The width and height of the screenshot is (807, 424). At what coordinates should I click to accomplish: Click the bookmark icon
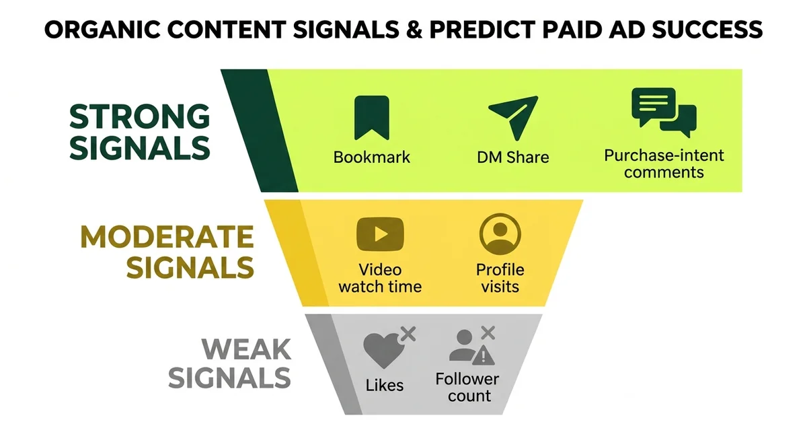(x=371, y=118)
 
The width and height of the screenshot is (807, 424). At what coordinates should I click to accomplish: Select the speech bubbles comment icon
(x=663, y=112)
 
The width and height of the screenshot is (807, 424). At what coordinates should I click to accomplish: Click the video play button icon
(x=380, y=234)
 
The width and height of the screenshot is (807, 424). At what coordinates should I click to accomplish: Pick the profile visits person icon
(x=500, y=234)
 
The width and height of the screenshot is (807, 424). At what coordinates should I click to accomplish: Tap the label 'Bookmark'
(x=371, y=157)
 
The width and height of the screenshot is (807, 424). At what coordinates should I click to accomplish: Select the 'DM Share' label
(x=513, y=157)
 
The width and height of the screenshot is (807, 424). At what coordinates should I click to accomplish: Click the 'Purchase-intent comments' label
(x=664, y=164)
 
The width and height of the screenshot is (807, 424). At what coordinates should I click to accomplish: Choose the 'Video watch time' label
(x=380, y=278)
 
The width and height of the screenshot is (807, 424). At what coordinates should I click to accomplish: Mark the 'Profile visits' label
(x=500, y=278)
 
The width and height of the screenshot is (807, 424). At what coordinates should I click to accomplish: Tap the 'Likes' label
(x=385, y=385)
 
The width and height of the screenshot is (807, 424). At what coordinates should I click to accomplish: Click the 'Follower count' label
(x=467, y=387)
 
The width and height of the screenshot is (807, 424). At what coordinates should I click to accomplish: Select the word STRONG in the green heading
(x=140, y=117)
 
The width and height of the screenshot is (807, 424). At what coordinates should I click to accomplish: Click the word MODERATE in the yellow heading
(x=167, y=237)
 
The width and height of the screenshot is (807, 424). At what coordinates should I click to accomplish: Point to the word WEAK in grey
(x=247, y=349)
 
